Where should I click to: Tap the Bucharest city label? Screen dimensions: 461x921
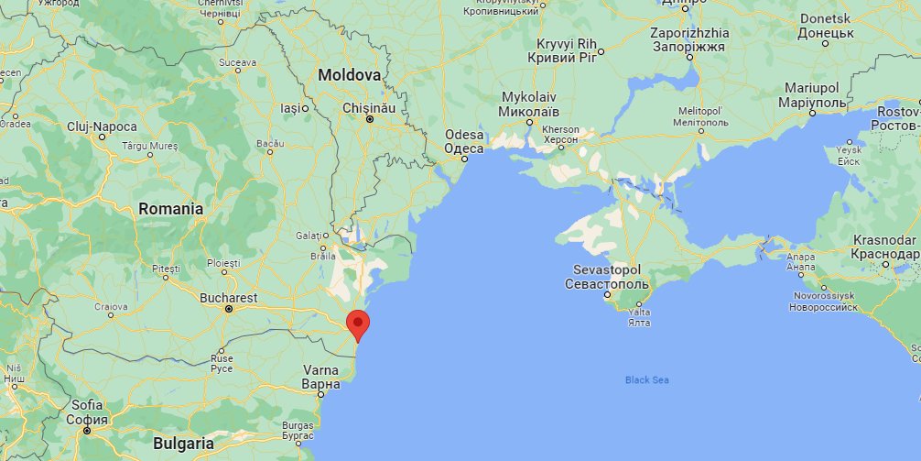point(228,298)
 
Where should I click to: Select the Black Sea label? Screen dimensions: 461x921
point(647,379)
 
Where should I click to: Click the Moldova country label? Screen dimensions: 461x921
point(349,74)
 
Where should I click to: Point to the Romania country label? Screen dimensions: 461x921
point(170,209)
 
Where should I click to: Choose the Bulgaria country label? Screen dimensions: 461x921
point(183,444)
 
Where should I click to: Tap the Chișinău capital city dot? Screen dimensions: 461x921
point(370,119)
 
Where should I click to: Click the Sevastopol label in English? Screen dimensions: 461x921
point(606,270)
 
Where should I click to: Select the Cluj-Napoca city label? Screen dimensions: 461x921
point(102,126)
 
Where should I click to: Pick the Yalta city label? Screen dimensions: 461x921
point(640,312)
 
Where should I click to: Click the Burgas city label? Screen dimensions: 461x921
point(298,425)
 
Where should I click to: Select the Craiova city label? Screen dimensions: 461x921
point(111,306)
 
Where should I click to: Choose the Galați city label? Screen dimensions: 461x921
point(309,236)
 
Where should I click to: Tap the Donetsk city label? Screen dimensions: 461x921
point(825,18)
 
